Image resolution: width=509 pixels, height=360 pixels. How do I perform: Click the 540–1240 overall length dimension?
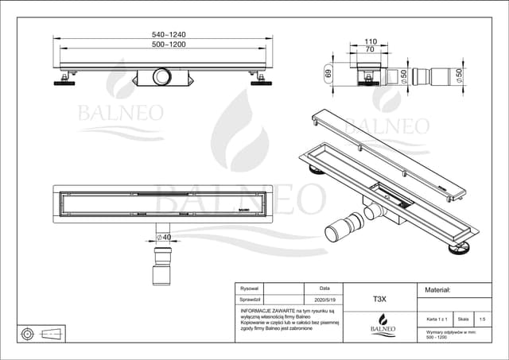(163, 35)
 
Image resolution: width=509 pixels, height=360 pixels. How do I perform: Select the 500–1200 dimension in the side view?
(163, 45)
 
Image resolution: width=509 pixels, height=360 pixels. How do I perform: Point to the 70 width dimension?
(371, 49)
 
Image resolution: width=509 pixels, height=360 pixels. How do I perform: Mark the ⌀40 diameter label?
(164, 236)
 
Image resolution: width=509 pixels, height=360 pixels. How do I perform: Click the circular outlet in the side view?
(162, 76)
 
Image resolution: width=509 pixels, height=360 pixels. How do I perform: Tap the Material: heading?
(439, 291)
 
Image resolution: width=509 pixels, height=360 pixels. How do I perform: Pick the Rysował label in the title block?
(250, 288)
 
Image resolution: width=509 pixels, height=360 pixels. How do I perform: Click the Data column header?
(324, 288)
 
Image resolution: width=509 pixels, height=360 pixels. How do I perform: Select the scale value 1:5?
(482, 319)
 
